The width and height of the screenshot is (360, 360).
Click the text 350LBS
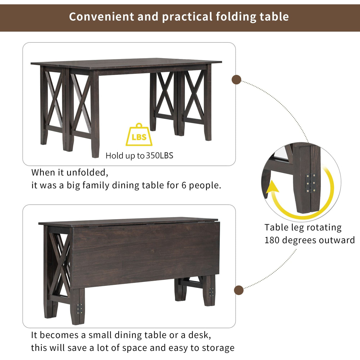[x=160, y=156]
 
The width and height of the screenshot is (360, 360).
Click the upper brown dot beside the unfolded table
[x=236, y=80]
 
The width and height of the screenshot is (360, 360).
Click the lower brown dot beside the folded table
[x=239, y=290]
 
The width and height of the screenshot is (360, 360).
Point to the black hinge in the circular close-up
[x=311, y=183]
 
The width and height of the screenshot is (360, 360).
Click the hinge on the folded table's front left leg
[x=79, y=309]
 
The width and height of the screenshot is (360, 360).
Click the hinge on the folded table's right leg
[x=211, y=292]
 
